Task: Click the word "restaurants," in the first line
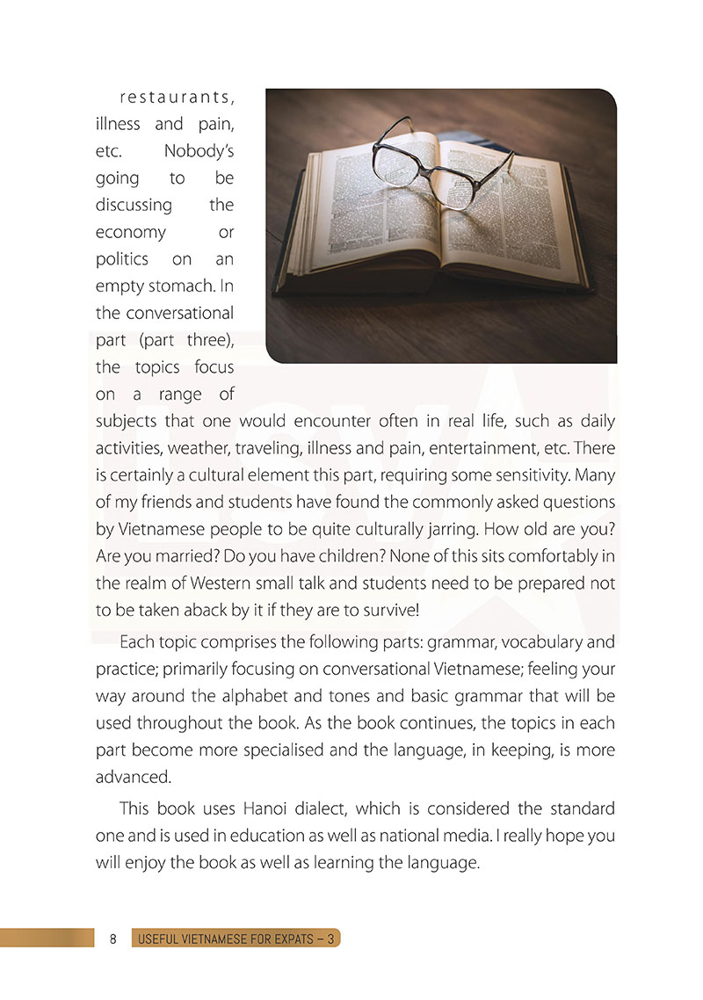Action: [x=176, y=98]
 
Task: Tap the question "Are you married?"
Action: [x=155, y=557]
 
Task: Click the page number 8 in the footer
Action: [x=114, y=938]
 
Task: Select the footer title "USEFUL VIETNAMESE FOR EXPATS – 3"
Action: [x=236, y=938]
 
